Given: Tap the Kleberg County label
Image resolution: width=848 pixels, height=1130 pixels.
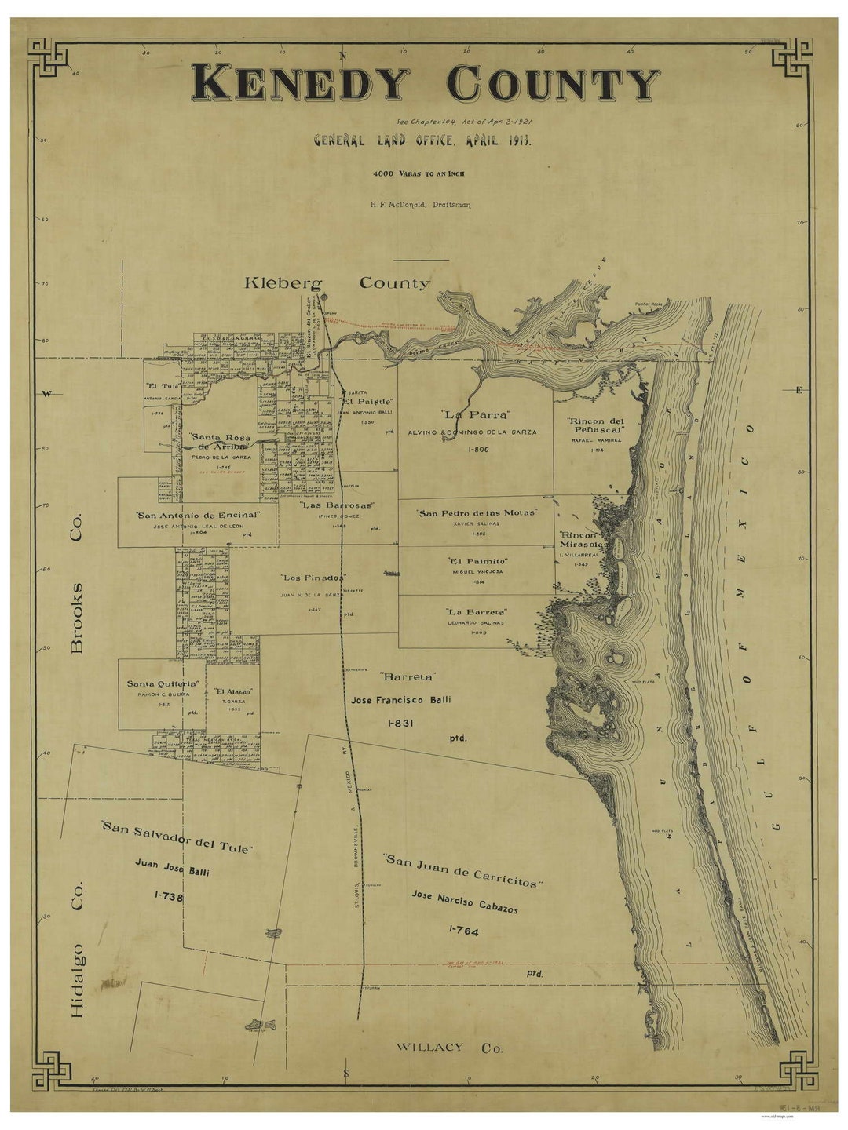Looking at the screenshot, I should pos(337,283).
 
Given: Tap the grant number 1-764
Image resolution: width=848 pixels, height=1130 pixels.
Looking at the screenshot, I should pos(463,931).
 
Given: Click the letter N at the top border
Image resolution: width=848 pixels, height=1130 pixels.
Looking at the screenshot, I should pos(342,55).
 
